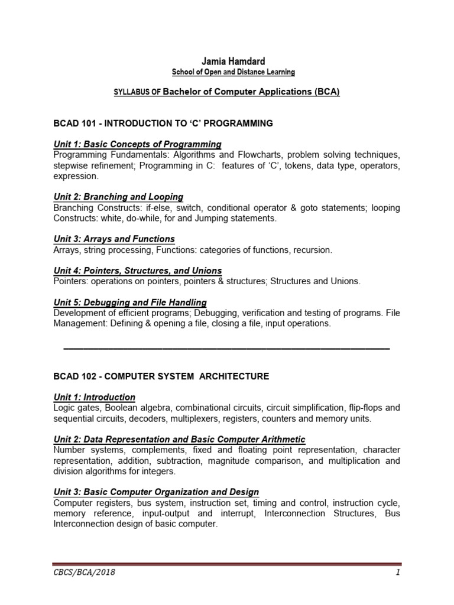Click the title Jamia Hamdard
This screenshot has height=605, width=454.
(x=226, y=61)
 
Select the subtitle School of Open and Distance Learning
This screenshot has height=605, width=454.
(x=225, y=73)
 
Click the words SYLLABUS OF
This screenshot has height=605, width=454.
(x=137, y=93)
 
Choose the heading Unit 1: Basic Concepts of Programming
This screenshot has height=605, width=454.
(x=137, y=144)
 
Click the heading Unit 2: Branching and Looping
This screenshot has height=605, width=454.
(x=118, y=197)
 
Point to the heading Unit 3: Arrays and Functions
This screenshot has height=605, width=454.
(x=114, y=239)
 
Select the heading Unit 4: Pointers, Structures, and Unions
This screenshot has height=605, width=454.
(x=137, y=271)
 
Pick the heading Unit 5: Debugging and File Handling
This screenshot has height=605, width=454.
(x=130, y=302)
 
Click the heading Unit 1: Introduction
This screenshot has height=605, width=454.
(x=94, y=397)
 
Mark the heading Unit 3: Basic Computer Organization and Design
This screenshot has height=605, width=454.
(x=156, y=492)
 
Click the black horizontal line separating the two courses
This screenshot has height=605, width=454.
(x=226, y=349)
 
